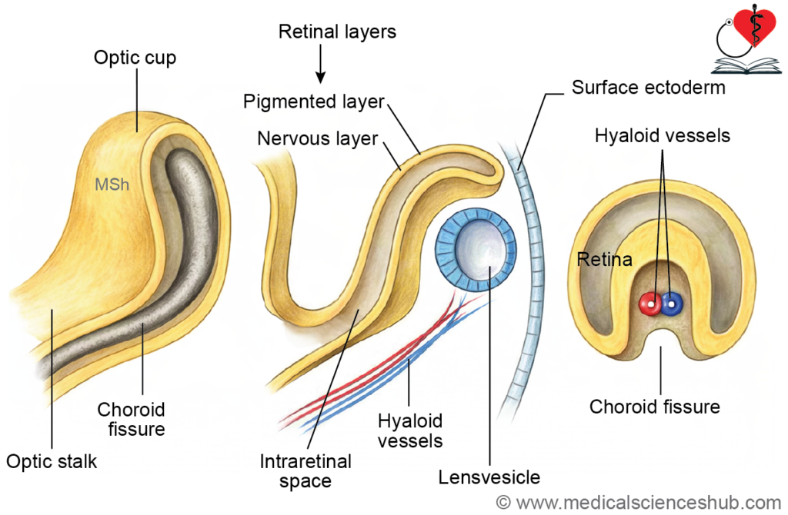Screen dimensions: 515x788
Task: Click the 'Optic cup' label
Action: pyautogui.click(x=135, y=57)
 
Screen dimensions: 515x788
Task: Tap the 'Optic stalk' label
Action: pyautogui.click(x=52, y=461)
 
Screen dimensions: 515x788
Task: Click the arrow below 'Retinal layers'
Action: pyautogui.click(x=321, y=67)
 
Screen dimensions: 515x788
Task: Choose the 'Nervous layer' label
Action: pyautogui.click(x=318, y=138)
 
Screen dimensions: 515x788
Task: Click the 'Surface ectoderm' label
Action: pyautogui.click(x=648, y=87)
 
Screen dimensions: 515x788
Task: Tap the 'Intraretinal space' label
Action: pyautogui.click(x=306, y=471)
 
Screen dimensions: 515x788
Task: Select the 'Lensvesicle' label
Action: pyautogui.click(x=489, y=477)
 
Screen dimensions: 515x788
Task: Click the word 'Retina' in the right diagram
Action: pyautogui.click(x=604, y=260)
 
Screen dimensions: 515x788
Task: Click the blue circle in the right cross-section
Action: pyautogui.click(x=672, y=304)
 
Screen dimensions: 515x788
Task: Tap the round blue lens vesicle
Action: pyautogui.click(x=476, y=251)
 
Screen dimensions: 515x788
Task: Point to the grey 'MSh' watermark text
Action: pyautogui.click(x=111, y=184)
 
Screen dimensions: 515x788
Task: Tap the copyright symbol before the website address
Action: pyautogui.click(x=504, y=502)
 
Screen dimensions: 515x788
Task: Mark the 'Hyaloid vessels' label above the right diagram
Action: pyautogui.click(x=662, y=136)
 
